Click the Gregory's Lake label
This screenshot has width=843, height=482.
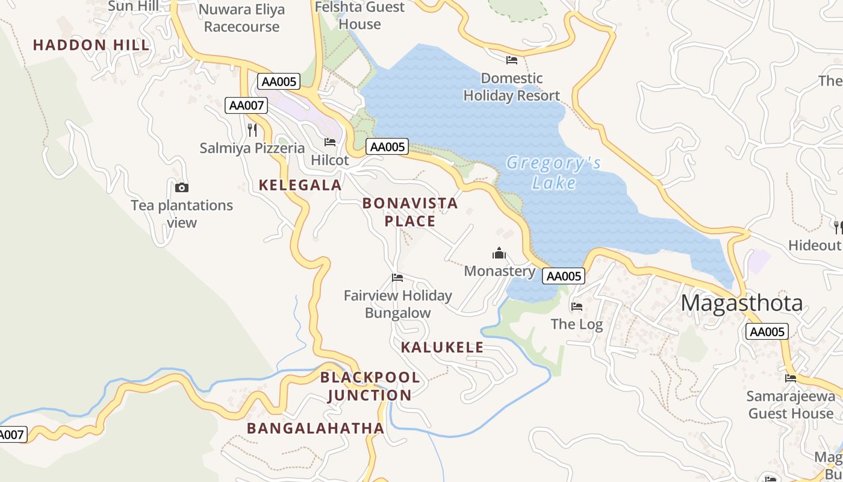553,173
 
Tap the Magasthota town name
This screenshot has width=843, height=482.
742,302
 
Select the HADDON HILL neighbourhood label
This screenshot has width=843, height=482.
91,45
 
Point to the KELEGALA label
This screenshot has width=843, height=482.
300,185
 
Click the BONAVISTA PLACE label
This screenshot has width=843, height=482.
410,212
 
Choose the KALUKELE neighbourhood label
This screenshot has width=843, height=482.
443,347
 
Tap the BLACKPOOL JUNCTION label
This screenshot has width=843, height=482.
370,386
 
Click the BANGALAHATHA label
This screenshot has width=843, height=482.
316,428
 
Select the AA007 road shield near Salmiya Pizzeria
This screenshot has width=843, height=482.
246,105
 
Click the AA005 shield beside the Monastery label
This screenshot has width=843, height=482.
564,276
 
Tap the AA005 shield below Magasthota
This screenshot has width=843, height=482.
767,331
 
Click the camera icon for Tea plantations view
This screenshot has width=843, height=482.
182,188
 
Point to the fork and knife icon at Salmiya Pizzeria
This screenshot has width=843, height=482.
252,130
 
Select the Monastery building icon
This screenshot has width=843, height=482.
499,253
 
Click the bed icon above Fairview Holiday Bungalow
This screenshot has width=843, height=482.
397,278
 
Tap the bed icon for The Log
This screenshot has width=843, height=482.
577,307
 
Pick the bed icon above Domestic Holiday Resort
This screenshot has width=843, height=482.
512,60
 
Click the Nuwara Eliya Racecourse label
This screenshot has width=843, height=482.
241,18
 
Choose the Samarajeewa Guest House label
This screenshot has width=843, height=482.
791,404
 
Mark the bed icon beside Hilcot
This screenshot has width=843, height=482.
330,142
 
